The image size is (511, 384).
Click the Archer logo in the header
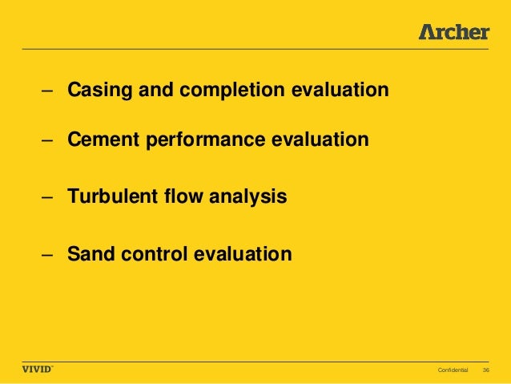pos(453,32)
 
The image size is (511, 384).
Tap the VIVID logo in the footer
pos(37,370)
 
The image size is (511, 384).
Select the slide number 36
pos(485,370)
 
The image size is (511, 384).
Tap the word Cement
pos(97,140)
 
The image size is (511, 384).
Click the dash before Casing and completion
pos(49,91)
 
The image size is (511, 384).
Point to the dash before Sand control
pos(49,256)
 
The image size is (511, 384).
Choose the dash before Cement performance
pos(49,141)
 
